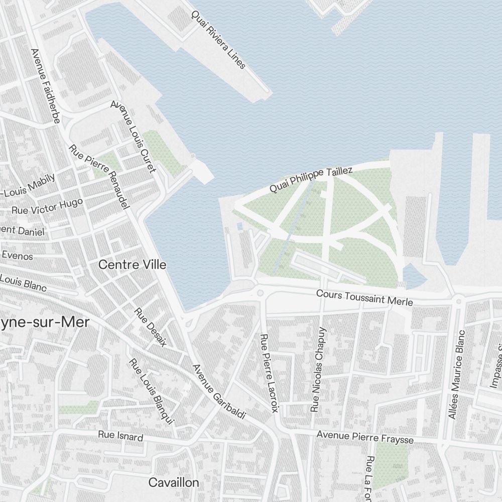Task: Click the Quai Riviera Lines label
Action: tap(218, 40)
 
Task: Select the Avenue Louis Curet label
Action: tap(133, 137)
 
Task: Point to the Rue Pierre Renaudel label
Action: tap(100, 177)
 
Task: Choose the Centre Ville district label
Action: tap(133, 265)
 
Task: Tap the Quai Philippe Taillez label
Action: tap(311, 179)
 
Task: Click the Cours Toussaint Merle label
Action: tap(364, 298)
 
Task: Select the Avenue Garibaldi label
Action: tap(219, 392)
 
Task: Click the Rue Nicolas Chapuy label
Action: tap(318, 369)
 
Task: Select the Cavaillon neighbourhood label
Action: tap(174, 483)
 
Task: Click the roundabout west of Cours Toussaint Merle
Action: tap(260, 293)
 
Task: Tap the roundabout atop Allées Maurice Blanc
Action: tap(458, 301)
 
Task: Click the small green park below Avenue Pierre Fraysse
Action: tap(391, 464)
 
